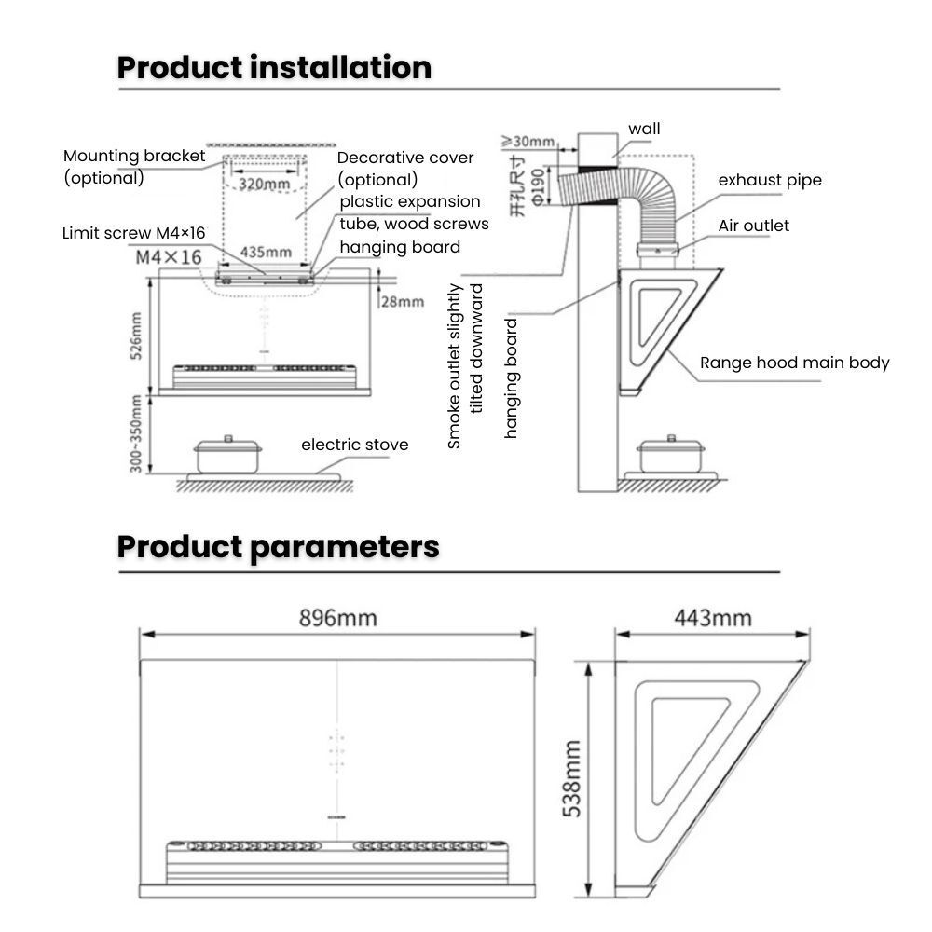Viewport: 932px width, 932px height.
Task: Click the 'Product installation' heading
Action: [x=274, y=68]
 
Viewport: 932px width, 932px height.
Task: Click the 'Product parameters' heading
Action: [x=278, y=547]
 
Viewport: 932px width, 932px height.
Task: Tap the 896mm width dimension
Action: [x=337, y=618]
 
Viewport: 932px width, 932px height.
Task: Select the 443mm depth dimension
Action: [x=712, y=618]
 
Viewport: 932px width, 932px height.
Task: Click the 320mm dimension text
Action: [x=264, y=184]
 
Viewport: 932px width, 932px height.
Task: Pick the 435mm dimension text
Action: [x=266, y=252]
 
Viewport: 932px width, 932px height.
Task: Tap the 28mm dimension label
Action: [x=403, y=301]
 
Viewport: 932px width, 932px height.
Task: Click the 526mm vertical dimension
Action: [x=136, y=336]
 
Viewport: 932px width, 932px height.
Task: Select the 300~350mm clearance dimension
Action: [x=136, y=433]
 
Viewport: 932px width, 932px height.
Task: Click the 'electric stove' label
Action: [x=354, y=445]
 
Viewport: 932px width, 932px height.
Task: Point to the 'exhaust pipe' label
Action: [x=770, y=180]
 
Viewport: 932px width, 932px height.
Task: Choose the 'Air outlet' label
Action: [x=753, y=226]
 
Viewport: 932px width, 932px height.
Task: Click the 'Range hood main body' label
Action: [x=794, y=363]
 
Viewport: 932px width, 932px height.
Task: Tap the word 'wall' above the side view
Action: [x=644, y=129]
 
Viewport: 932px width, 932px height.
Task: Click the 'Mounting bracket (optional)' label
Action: [x=133, y=166]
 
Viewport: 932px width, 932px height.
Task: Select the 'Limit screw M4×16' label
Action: [x=133, y=233]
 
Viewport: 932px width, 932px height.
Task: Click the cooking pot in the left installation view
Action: [x=228, y=454]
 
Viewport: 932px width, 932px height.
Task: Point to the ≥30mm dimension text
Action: [x=528, y=142]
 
